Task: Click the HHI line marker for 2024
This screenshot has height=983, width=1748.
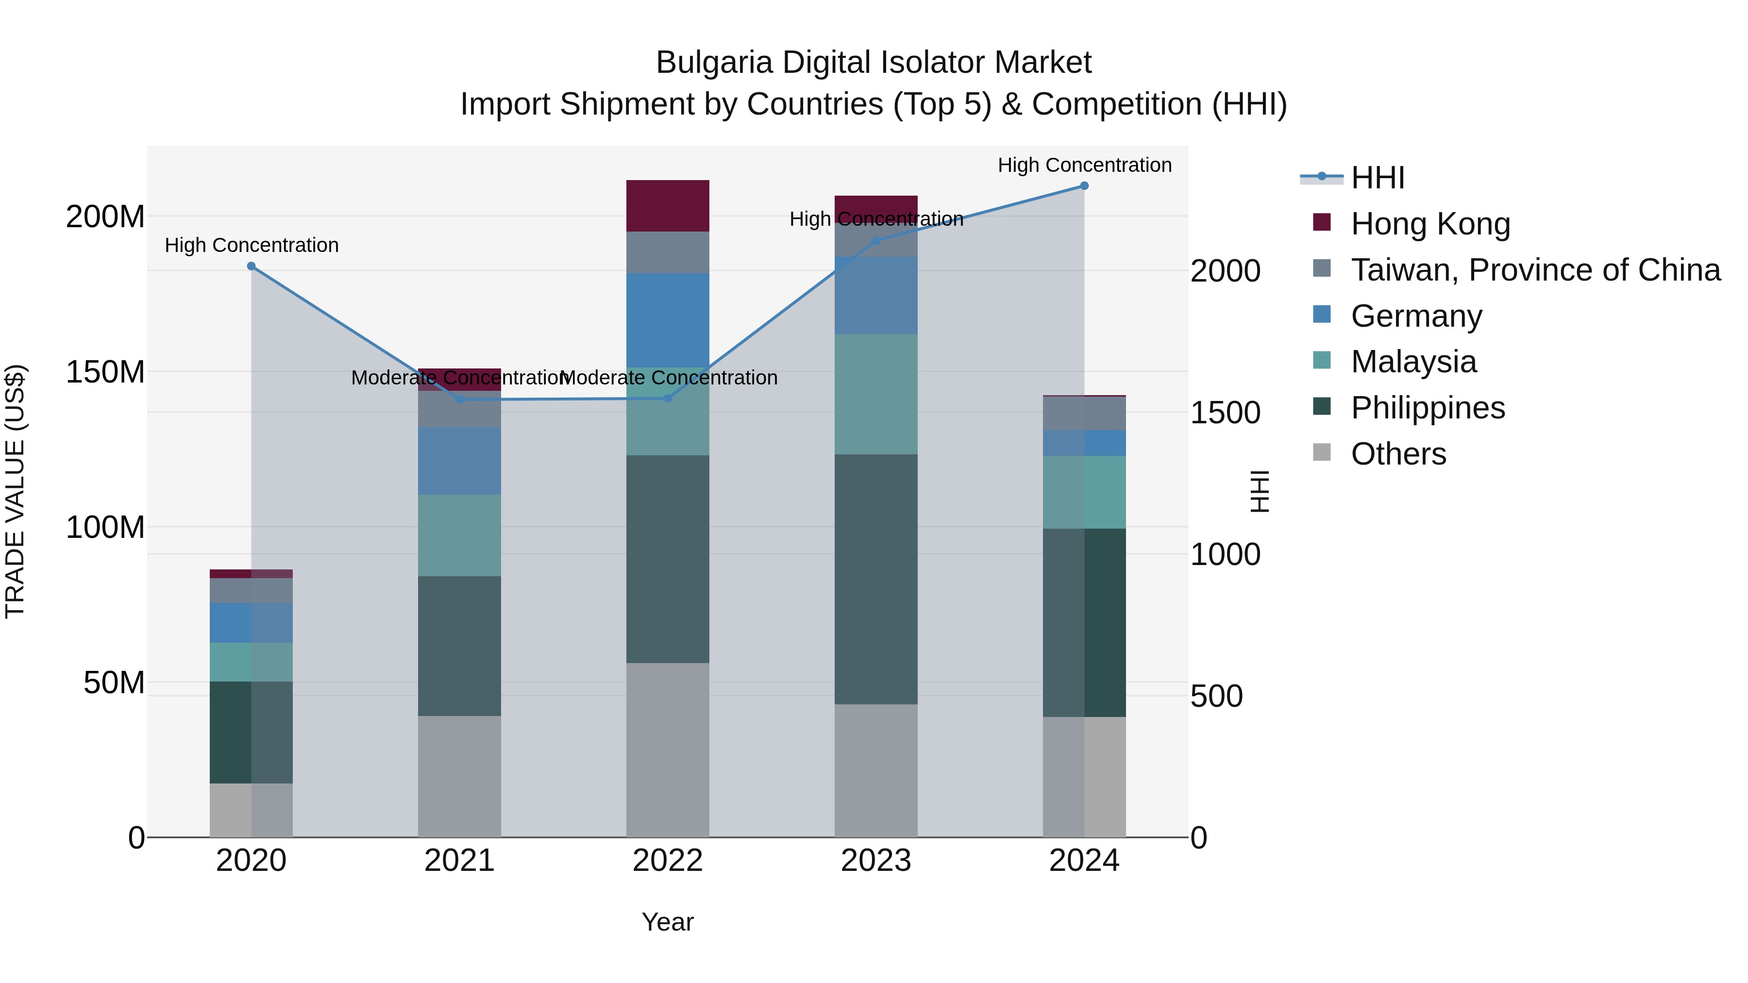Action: point(1084,186)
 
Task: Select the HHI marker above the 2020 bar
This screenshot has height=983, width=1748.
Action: point(251,267)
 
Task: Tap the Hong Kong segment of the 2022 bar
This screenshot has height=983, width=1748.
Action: point(667,205)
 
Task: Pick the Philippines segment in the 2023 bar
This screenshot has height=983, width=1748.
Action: point(875,579)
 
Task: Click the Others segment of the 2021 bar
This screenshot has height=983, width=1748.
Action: point(459,776)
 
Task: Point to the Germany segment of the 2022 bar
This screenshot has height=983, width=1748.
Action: point(667,320)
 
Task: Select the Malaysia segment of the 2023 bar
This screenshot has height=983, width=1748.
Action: point(875,394)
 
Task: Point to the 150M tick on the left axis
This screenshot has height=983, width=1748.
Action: point(105,372)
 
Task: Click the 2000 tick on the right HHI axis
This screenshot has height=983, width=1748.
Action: point(1226,271)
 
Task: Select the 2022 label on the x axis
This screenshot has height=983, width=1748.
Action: point(667,861)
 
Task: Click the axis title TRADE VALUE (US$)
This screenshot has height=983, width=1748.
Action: point(15,491)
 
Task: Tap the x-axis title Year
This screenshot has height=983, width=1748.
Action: point(667,922)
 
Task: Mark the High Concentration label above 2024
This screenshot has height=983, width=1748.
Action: point(1084,166)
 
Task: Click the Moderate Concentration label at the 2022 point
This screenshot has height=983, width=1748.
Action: point(669,378)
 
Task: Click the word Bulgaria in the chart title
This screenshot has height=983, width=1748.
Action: point(714,63)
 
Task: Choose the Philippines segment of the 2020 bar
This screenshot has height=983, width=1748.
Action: point(251,732)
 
